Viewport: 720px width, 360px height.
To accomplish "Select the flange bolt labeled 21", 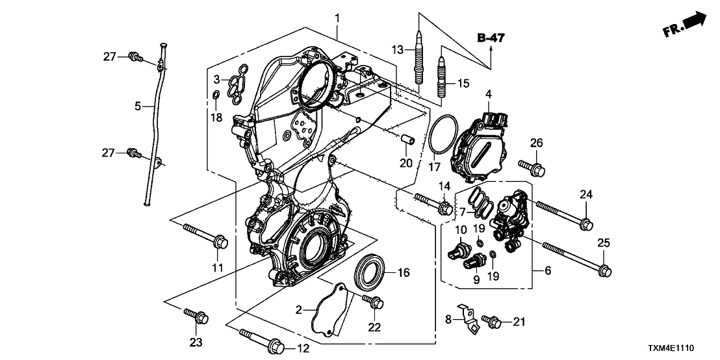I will (x=495, y=320).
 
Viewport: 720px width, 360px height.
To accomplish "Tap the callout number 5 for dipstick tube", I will (x=137, y=105).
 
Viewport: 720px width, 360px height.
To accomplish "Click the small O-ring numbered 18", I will (x=215, y=97).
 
